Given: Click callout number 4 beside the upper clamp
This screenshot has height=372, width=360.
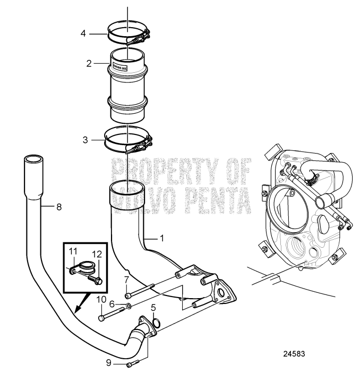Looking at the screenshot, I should (x=83, y=32).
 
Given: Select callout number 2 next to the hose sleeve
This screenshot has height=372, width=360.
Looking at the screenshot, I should (x=89, y=63).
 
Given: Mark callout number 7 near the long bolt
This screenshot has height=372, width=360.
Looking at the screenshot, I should (x=126, y=280).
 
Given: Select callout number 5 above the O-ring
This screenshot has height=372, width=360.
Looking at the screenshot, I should (x=154, y=307).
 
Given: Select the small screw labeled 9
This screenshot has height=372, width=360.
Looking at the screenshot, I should (x=133, y=363).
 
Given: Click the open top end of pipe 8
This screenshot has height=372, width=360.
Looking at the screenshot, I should (x=33, y=158).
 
